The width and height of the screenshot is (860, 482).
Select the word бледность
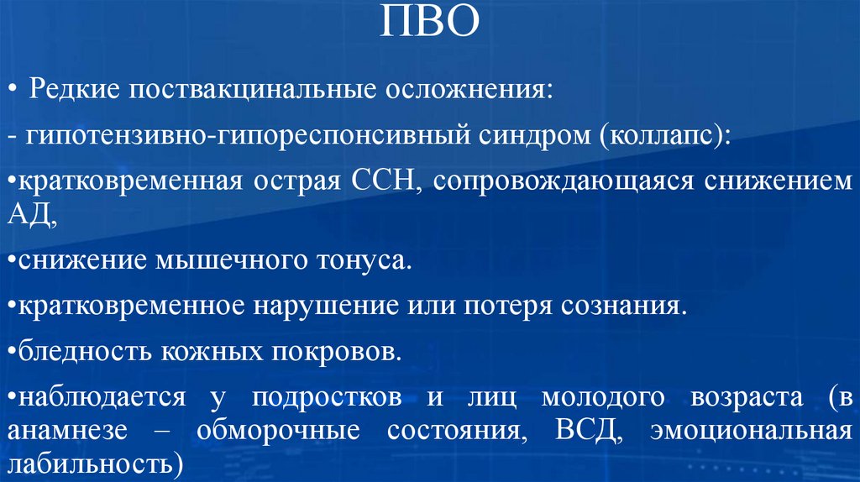75,350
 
